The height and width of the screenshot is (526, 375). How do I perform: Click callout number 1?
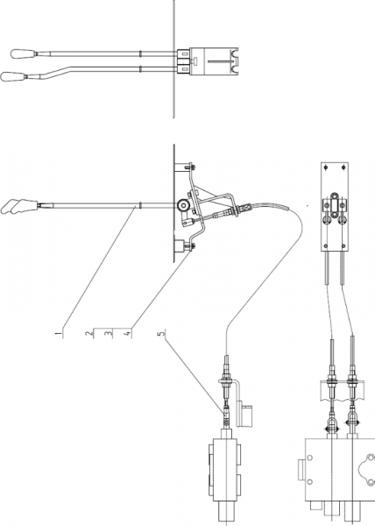click(x=59, y=334)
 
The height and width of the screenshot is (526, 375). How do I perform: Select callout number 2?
click(x=88, y=333)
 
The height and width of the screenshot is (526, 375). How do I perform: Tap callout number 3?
click(x=108, y=333)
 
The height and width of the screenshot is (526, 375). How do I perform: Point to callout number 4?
click(x=127, y=334)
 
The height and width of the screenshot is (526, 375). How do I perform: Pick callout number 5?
click(x=162, y=333)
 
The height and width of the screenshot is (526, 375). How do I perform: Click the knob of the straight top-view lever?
click(x=23, y=53)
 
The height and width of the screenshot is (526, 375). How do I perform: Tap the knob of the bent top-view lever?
click(x=13, y=76)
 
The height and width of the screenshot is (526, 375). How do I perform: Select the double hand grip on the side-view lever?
click(x=18, y=206)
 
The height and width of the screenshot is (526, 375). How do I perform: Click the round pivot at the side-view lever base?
click(x=183, y=204)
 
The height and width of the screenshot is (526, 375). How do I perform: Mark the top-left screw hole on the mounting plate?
click(x=327, y=167)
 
